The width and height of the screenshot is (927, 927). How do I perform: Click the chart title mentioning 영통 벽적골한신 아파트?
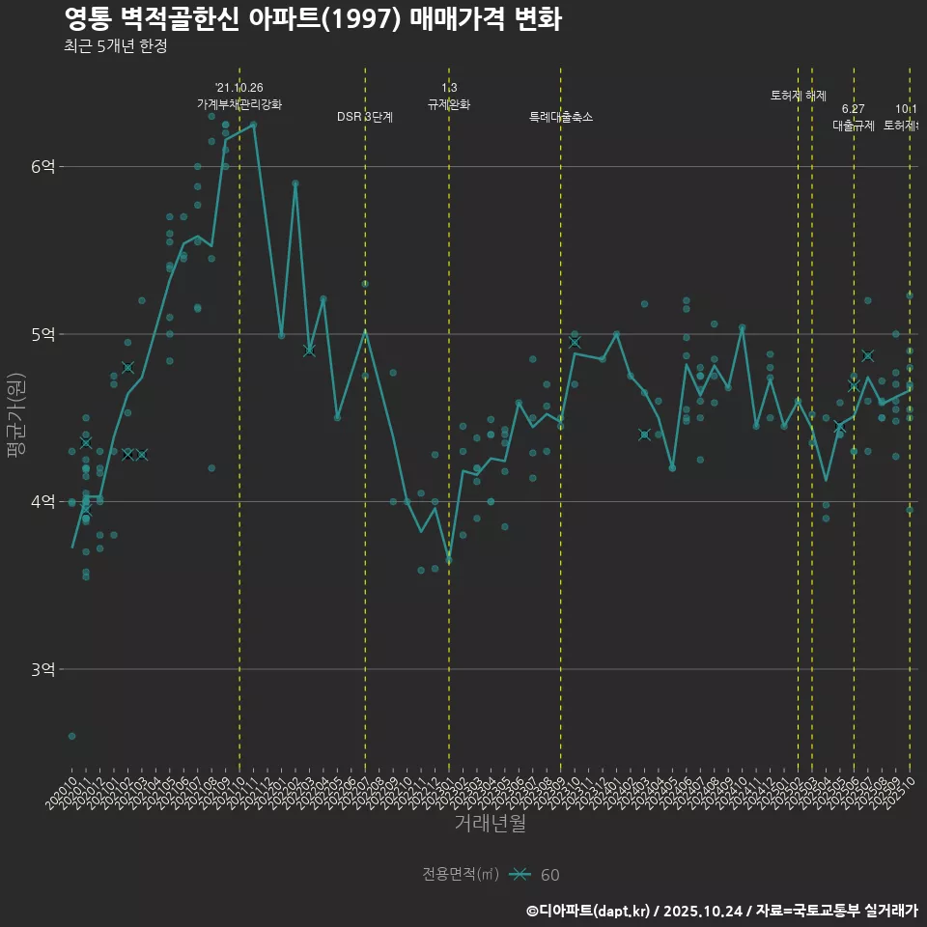312,19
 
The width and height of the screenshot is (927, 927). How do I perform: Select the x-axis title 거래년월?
490,824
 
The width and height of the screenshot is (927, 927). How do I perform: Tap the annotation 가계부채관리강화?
239,103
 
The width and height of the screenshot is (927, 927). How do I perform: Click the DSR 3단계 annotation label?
365,117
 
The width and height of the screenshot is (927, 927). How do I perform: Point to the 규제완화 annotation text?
449,103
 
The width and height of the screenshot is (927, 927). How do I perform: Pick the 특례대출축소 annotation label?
561,117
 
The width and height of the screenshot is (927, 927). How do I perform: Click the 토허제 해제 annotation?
799,96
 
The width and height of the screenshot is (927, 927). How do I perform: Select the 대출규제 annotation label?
854,126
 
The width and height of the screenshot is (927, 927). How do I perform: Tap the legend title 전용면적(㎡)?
461,874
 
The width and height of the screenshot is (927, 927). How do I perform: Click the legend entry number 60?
549,875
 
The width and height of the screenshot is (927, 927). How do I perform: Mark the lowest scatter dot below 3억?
71,736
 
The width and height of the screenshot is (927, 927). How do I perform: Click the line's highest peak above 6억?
253,124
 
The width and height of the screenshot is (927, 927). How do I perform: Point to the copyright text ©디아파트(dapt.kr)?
589,910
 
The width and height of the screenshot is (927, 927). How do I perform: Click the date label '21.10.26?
239,88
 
